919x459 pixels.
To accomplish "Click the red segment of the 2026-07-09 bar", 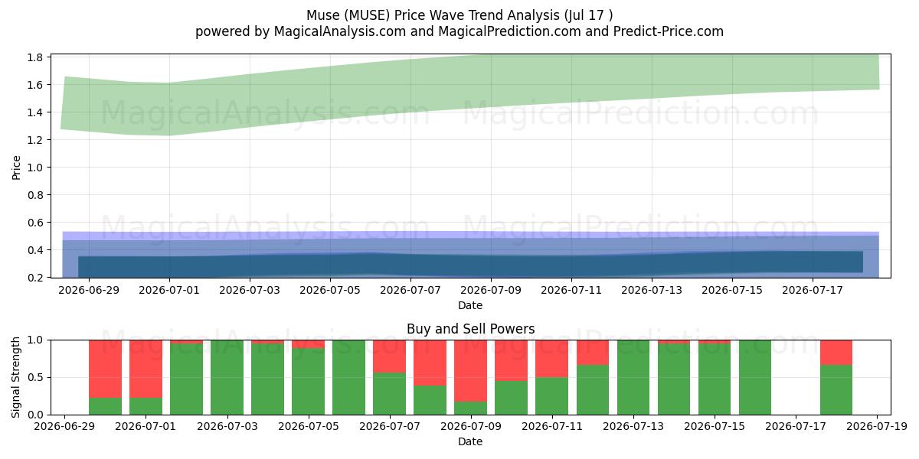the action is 470,371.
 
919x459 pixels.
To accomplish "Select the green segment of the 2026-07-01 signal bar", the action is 146,406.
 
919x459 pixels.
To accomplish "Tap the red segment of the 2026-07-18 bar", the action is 836,353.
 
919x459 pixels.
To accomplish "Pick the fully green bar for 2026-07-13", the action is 633,377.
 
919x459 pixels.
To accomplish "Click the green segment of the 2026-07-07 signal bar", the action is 389,393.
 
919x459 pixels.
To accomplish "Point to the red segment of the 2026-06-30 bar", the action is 106,369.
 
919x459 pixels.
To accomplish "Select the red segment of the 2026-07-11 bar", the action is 552,359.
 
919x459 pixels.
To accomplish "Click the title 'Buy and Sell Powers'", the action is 470,329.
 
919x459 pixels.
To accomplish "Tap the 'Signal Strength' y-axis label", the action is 15,377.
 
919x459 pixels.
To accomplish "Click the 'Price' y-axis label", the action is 16,168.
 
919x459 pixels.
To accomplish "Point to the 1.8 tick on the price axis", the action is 35,57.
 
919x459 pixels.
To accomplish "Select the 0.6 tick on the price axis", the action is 35,223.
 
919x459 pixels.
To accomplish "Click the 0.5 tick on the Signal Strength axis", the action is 35,377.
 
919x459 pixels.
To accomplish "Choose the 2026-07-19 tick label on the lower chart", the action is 877,426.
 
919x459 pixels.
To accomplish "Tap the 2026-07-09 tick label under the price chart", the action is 491,290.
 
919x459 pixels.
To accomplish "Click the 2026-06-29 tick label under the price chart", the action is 89,290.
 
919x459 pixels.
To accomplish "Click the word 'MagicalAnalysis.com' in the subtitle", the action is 340,31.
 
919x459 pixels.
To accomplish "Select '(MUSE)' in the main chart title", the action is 367,15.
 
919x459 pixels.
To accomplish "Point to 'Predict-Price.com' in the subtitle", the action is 669,31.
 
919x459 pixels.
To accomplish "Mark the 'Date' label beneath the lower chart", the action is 470,441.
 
